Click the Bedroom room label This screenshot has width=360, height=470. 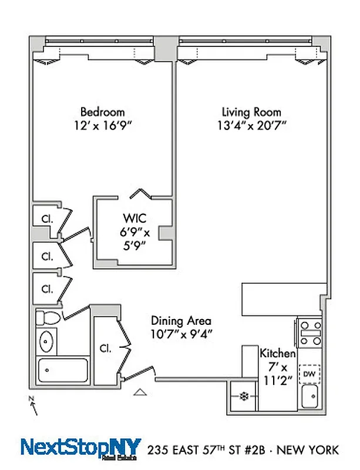(102, 112)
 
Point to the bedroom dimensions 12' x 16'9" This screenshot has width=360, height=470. (102, 125)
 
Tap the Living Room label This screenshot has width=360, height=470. (251, 112)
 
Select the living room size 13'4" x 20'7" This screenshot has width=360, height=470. (251, 125)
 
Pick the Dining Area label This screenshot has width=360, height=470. (181, 321)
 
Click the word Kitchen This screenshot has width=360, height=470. (277, 353)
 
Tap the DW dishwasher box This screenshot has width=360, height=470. (309, 373)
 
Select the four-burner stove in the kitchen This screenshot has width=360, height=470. (309, 333)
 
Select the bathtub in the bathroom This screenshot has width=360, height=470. (62, 370)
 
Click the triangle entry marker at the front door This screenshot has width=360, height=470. (140, 392)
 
